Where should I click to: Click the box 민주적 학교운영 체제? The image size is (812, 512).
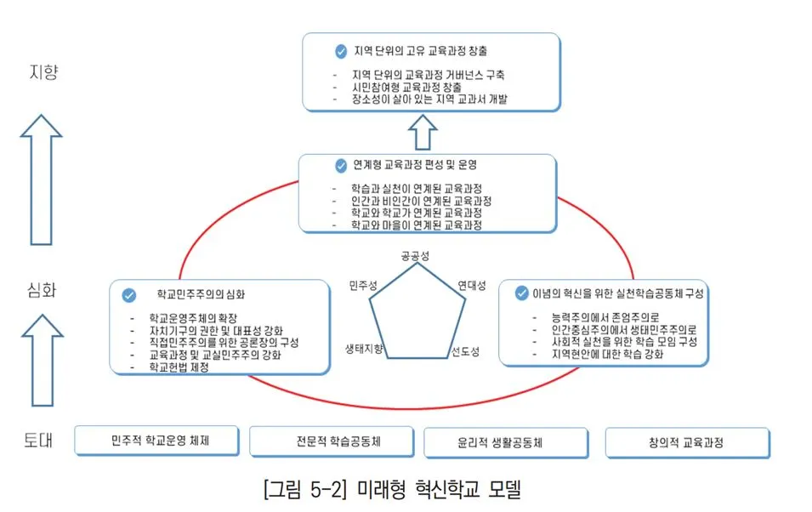click(x=160, y=441)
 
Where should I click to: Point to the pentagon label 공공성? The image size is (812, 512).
click(x=416, y=256)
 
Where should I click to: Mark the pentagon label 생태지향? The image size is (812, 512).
click(x=364, y=350)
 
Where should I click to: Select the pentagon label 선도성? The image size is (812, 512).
click(x=465, y=350)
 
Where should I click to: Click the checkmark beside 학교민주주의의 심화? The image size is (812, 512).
click(x=129, y=296)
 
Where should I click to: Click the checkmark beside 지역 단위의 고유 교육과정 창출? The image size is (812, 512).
click(x=341, y=52)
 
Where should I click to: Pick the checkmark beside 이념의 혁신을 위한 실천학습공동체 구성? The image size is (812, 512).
click(x=521, y=293)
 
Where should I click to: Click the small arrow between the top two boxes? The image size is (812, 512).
click(x=422, y=132)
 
